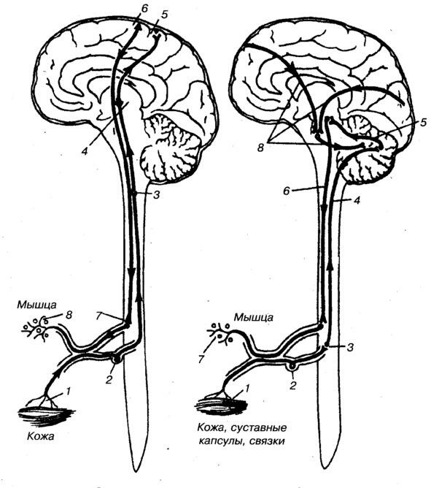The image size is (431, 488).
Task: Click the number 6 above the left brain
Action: click(144, 9)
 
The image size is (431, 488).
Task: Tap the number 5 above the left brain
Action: click(164, 15)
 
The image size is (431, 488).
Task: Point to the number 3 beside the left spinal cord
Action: click(157, 195)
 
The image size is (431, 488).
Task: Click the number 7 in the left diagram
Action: click(98, 316)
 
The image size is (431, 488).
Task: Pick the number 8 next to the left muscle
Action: click(69, 315)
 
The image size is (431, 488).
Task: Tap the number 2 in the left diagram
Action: click(108, 381)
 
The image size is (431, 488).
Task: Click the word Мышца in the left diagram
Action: click(36, 305)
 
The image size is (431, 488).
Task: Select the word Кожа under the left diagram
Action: click(40, 436)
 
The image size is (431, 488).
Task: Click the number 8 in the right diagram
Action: click(260, 148)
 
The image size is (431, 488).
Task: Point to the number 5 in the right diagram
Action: click(423, 122)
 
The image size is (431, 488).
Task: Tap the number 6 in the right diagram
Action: click(287, 190)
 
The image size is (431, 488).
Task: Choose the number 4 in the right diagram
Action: click(357, 200)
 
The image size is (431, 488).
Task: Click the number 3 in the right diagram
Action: click(351, 347)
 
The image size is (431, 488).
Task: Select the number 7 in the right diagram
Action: click(201, 359)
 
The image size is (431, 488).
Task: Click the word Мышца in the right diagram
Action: click(254, 318)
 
